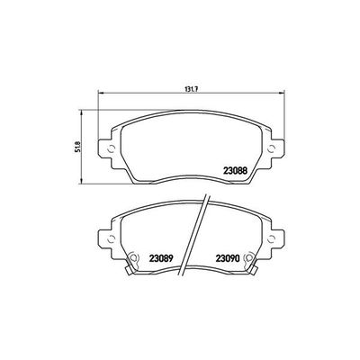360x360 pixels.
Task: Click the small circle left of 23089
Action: pyautogui.click(x=132, y=255)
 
